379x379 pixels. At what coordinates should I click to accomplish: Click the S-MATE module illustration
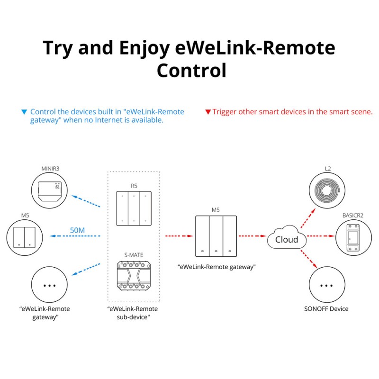[x=134, y=276]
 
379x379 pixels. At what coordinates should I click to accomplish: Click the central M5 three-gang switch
[x=216, y=235]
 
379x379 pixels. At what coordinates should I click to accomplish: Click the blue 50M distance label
[x=77, y=230]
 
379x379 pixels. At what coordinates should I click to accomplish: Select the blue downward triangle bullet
[x=24, y=112]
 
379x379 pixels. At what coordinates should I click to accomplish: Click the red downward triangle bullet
[x=208, y=112]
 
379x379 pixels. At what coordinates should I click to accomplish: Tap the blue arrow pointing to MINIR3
[x=86, y=201]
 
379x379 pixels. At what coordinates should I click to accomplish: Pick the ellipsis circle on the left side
[x=49, y=286]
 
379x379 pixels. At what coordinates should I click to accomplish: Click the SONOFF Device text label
[x=326, y=309]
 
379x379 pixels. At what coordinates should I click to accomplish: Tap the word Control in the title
[x=191, y=71]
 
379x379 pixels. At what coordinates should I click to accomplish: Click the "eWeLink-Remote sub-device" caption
[x=134, y=313]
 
